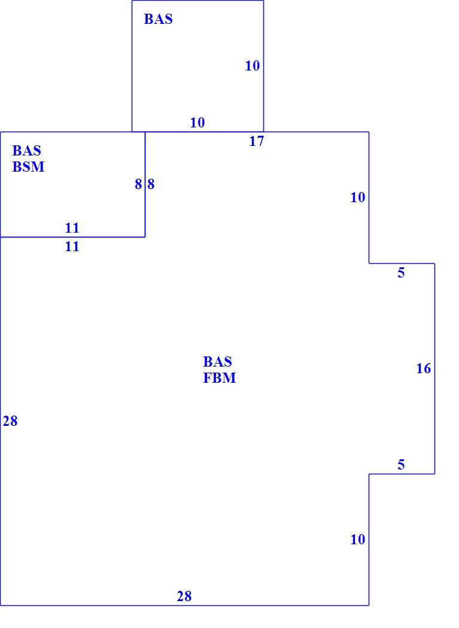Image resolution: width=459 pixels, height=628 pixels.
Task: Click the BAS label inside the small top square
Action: pyautogui.click(x=159, y=19)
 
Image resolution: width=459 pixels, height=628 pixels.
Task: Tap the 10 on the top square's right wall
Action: pyautogui.click(x=253, y=66)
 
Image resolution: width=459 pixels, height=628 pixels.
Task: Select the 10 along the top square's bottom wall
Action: pyautogui.click(x=197, y=123)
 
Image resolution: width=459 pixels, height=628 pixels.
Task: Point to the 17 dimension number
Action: pyautogui.click(x=257, y=141)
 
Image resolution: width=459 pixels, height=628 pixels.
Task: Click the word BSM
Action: pyautogui.click(x=29, y=167)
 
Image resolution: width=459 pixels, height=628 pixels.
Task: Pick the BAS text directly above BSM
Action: pyautogui.click(x=27, y=151)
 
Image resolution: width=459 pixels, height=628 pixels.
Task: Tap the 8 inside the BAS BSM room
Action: pyautogui.click(x=138, y=184)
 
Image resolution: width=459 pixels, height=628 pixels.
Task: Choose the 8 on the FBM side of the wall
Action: pyautogui.click(x=151, y=184)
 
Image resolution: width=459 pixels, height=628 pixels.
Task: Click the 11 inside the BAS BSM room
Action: pyautogui.click(x=72, y=228)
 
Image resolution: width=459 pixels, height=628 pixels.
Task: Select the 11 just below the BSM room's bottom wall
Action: pyautogui.click(x=72, y=246)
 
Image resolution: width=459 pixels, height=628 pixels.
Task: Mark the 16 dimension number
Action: pyautogui.click(x=424, y=368)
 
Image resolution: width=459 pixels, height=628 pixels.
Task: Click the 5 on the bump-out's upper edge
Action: pyautogui.click(x=402, y=273)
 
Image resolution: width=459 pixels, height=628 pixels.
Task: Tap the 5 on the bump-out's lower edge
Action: pyautogui.click(x=402, y=465)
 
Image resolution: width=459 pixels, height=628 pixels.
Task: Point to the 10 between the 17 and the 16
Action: pyautogui.click(x=358, y=197)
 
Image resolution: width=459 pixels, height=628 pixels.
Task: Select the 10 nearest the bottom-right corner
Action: pyautogui.click(x=358, y=539)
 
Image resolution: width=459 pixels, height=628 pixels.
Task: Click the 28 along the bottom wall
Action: pyautogui.click(x=184, y=596)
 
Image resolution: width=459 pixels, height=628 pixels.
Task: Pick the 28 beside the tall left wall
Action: pyautogui.click(x=10, y=421)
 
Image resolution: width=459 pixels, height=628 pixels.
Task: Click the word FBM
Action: pyautogui.click(x=220, y=378)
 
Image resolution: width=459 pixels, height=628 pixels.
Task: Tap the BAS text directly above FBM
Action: pyautogui.click(x=218, y=362)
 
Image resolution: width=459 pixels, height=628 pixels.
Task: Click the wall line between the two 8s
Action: pyautogui.click(x=145, y=184)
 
